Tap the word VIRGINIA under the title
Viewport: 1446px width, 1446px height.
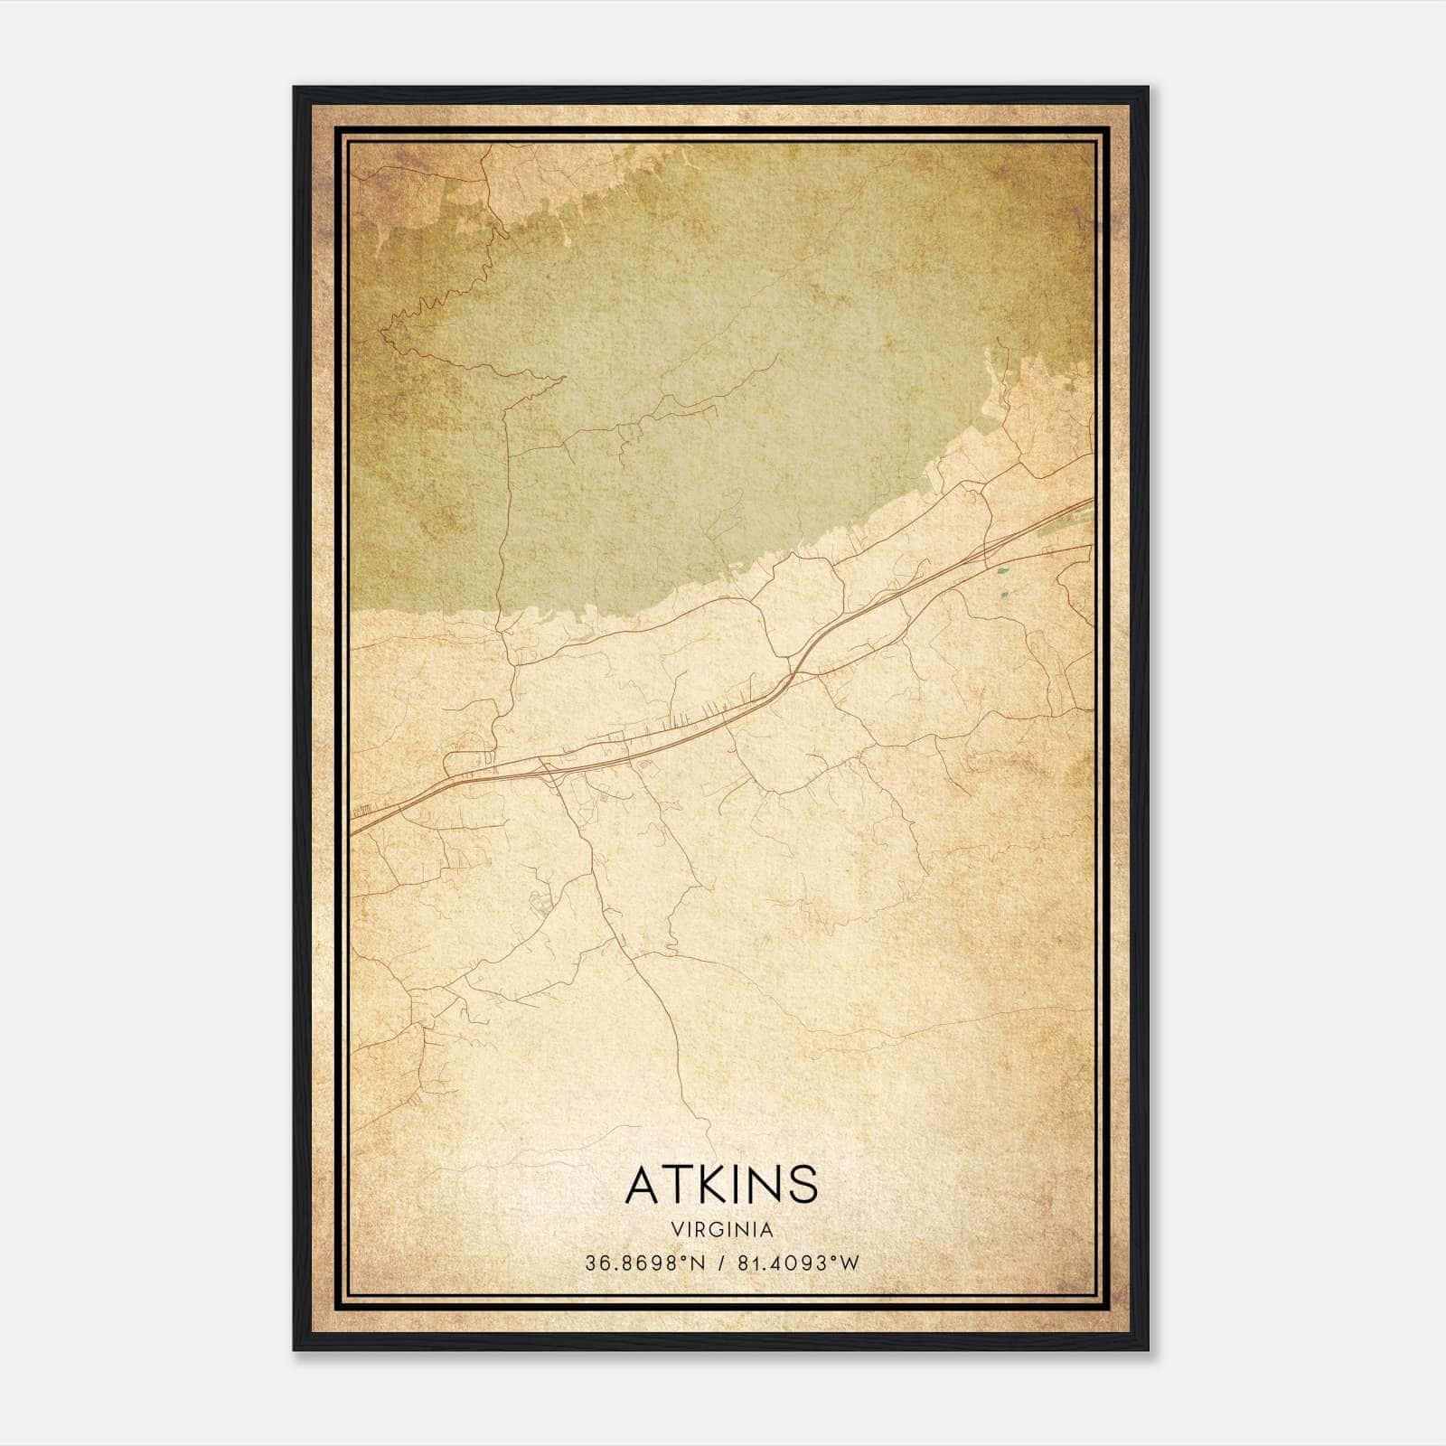(721, 1229)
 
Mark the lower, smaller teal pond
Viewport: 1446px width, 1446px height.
(1003, 596)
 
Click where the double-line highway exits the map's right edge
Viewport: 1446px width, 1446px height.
(1093, 501)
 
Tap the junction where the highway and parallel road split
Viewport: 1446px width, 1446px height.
(793, 673)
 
